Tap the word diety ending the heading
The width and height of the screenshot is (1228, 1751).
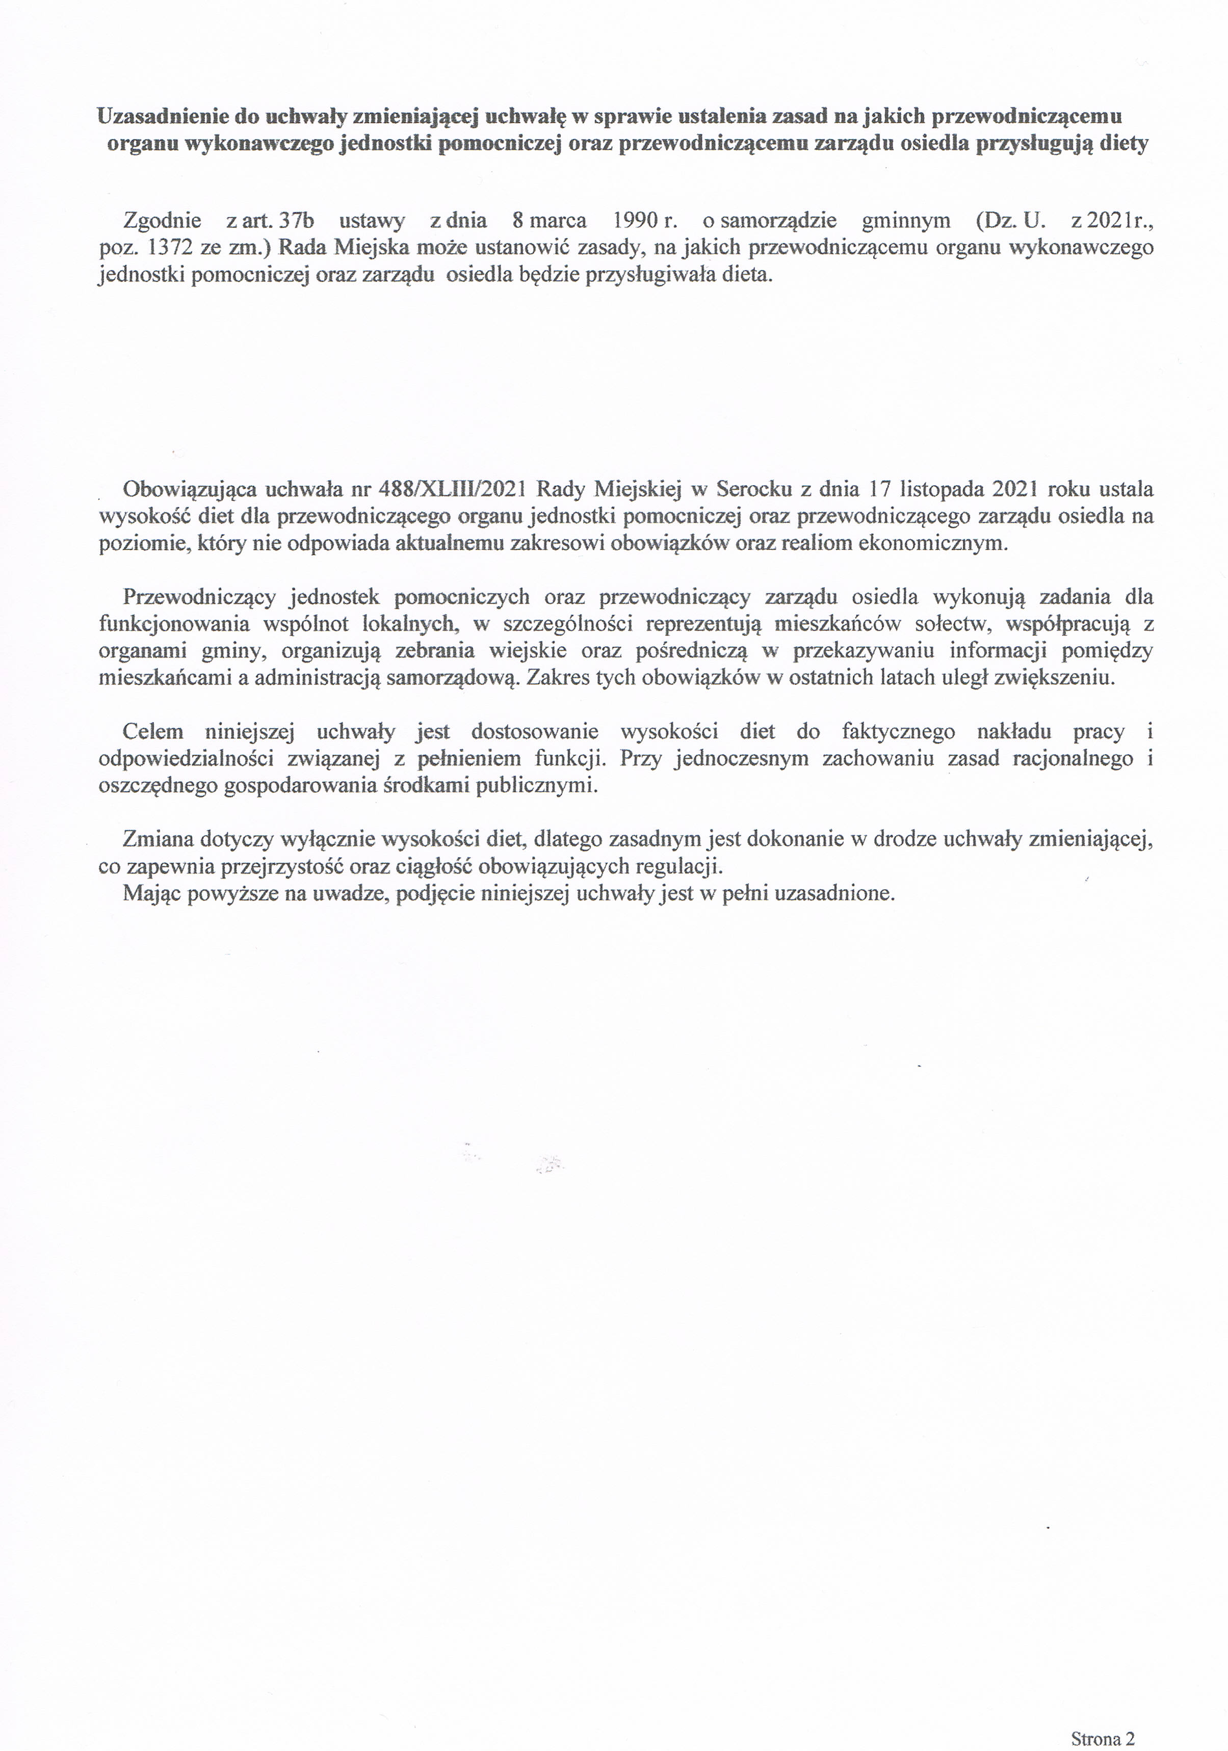[x=1123, y=144]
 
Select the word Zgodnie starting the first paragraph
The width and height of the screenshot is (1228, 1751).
[x=162, y=221]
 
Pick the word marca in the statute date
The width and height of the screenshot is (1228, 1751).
[x=559, y=221]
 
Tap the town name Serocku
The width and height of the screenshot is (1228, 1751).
[x=750, y=489]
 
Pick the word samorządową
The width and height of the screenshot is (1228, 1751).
[x=452, y=678]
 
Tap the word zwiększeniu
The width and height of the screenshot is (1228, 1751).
[x=1053, y=678]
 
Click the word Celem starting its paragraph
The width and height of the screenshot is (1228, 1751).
[x=152, y=732]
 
